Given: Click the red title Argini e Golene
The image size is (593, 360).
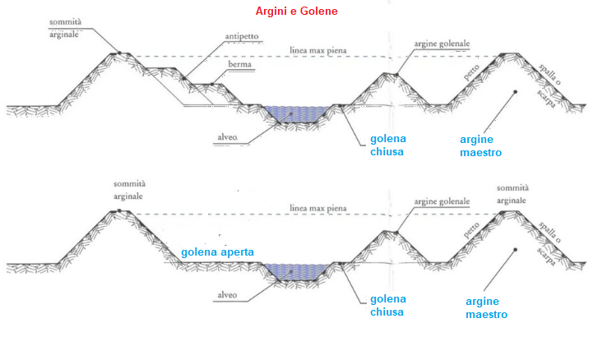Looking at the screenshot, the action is [x=296, y=11].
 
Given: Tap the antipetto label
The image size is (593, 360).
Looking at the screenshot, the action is [x=242, y=36].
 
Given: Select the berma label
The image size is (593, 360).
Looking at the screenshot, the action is [x=240, y=64].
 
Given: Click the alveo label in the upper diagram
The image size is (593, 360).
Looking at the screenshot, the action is [x=227, y=137].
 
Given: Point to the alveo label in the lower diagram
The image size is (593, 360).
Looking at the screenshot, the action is [x=227, y=295].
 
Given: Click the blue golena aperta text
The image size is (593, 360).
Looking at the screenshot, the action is [x=217, y=252].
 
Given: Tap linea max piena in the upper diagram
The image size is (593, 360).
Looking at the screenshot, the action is [x=318, y=50].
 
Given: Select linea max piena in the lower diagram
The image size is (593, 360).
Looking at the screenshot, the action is [x=318, y=208].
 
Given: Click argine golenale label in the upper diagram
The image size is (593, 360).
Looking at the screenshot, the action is [x=442, y=44].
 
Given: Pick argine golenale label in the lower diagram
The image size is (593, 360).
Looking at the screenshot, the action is [x=442, y=201].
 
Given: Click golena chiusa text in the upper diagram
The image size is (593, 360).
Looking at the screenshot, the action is [x=388, y=145].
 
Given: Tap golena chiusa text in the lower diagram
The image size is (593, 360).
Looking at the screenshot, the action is [x=388, y=305].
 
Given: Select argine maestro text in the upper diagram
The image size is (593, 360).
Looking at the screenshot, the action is [x=480, y=145].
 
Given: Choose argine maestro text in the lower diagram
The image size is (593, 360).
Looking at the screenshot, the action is [x=486, y=308].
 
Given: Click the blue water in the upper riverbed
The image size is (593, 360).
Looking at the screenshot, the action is [x=297, y=114].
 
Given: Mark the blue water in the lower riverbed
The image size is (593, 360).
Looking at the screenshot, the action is [x=297, y=272].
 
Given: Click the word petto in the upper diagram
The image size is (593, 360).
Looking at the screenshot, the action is [x=471, y=72].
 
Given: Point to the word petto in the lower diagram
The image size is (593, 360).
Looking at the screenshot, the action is [x=471, y=230].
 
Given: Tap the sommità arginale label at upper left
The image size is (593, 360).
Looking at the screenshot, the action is [x=65, y=28].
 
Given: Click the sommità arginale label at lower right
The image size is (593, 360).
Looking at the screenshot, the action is [x=512, y=194].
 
